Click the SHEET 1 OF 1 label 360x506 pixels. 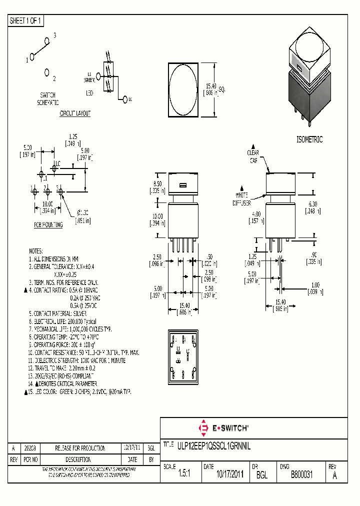click(x=26, y=20)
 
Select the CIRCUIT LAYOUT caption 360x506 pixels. click(x=75, y=113)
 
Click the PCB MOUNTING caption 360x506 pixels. click(x=48, y=225)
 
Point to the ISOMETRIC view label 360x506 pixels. click(x=309, y=139)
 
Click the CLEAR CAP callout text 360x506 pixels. click(x=253, y=156)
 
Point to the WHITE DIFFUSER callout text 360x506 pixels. click(x=242, y=198)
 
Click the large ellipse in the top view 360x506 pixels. click(x=183, y=89)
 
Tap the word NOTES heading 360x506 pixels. click(x=36, y=251)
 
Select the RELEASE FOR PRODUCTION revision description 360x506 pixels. click(x=80, y=448)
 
